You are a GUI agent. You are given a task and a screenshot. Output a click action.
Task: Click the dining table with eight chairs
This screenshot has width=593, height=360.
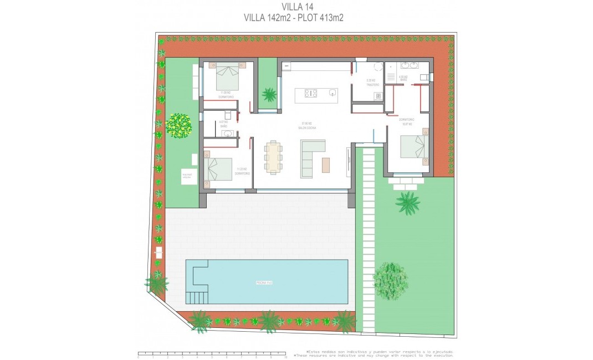tap(273, 157)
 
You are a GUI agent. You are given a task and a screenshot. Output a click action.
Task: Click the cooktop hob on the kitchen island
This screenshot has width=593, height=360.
tap(310, 94)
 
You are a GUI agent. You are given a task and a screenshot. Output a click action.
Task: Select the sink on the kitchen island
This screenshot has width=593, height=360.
tap(332, 93)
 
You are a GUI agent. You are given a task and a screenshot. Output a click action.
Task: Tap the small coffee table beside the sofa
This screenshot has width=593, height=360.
tap(326, 164)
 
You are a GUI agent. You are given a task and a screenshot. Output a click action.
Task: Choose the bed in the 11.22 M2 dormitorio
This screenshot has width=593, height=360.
tap(219, 169)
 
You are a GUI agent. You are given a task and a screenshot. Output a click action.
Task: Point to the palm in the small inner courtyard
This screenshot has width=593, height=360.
tap(269, 95)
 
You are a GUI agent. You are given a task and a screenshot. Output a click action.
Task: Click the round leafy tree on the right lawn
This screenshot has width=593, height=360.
tap(390, 281)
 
